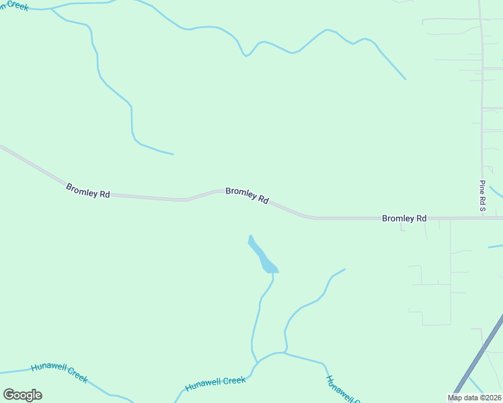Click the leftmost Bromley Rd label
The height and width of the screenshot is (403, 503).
click(x=88, y=190)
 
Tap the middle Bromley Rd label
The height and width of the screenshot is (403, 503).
click(x=247, y=195)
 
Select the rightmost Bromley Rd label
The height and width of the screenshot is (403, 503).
click(x=404, y=218)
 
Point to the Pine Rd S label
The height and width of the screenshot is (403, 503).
click(x=482, y=195)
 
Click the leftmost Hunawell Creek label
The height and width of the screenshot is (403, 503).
click(x=59, y=373)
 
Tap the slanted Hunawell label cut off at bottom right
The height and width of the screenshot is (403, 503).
click(x=340, y=389)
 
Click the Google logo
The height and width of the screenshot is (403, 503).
click(x=22, y=395)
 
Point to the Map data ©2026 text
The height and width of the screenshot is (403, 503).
click(x=475, y=398)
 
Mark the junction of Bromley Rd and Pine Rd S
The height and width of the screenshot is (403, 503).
click(x=482, y=218)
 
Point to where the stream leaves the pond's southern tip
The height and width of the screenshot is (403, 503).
click(x=273, y=273)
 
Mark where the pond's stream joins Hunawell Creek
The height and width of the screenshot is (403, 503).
click(x=256, y=363)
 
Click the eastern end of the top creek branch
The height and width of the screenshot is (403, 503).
click(x=405, y=79)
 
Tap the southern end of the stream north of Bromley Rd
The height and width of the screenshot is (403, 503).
click(x=173, y=154)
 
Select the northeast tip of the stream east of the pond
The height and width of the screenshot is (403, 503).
click(x=345, y=269)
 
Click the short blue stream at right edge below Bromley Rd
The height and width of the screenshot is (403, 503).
click(x=496, y=247)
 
